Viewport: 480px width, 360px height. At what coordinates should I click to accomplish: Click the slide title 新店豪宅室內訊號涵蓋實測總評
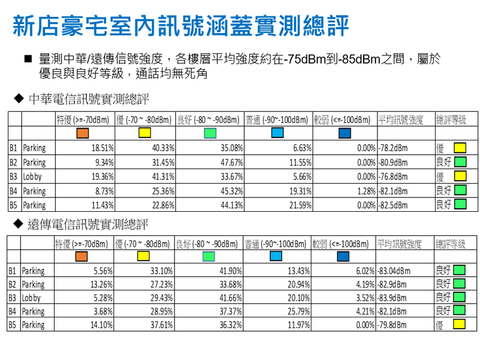coord(180,27)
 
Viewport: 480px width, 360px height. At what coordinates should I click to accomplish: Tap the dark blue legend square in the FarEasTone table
coord(343,257)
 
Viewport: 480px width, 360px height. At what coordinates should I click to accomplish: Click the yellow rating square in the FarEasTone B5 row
coord(459,325)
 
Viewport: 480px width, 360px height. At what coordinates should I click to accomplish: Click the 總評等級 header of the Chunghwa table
coord(451,119)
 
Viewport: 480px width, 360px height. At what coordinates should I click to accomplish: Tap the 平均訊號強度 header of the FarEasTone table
coord(399,244)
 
